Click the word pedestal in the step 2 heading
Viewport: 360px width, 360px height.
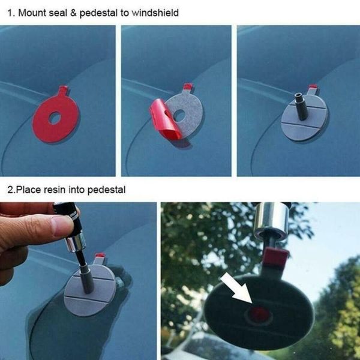(106, 190)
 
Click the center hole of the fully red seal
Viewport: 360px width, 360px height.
(55, 118)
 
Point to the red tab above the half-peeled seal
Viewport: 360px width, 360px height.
(188, 87)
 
